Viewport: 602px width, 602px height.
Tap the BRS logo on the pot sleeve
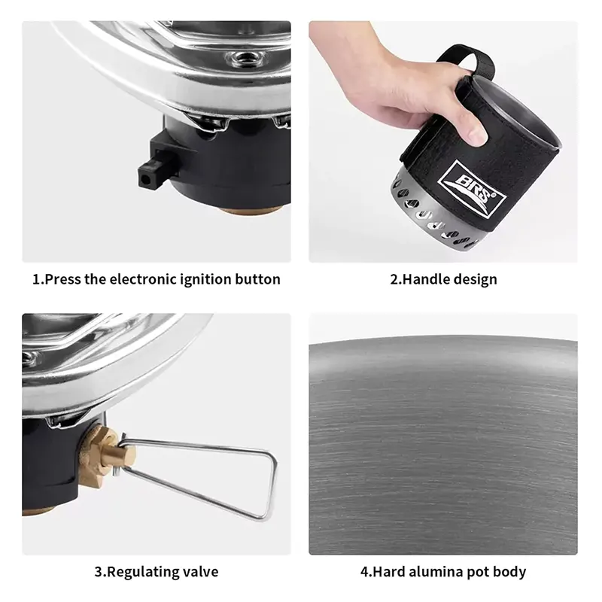tap(472, 190)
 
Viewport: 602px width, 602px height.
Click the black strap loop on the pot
tap(467, 62)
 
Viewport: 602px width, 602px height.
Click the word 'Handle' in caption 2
tap(425, 279)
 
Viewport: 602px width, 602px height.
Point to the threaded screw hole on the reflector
tap(242, 58)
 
